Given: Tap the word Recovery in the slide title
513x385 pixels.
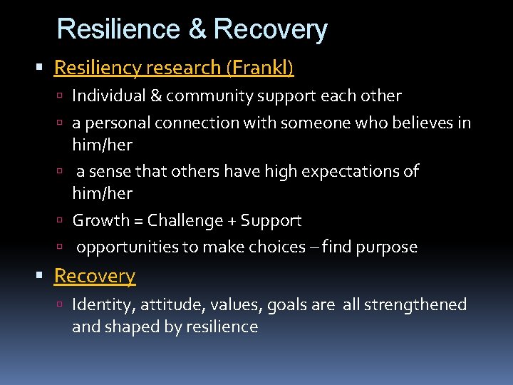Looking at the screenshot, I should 270,29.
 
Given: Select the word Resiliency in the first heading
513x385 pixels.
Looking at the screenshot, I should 97,68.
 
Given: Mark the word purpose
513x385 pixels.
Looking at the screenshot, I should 386,247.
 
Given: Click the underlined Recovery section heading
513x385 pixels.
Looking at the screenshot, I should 95,276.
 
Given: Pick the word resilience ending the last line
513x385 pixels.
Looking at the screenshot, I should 223,327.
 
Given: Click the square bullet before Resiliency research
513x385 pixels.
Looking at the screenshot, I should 45,68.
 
